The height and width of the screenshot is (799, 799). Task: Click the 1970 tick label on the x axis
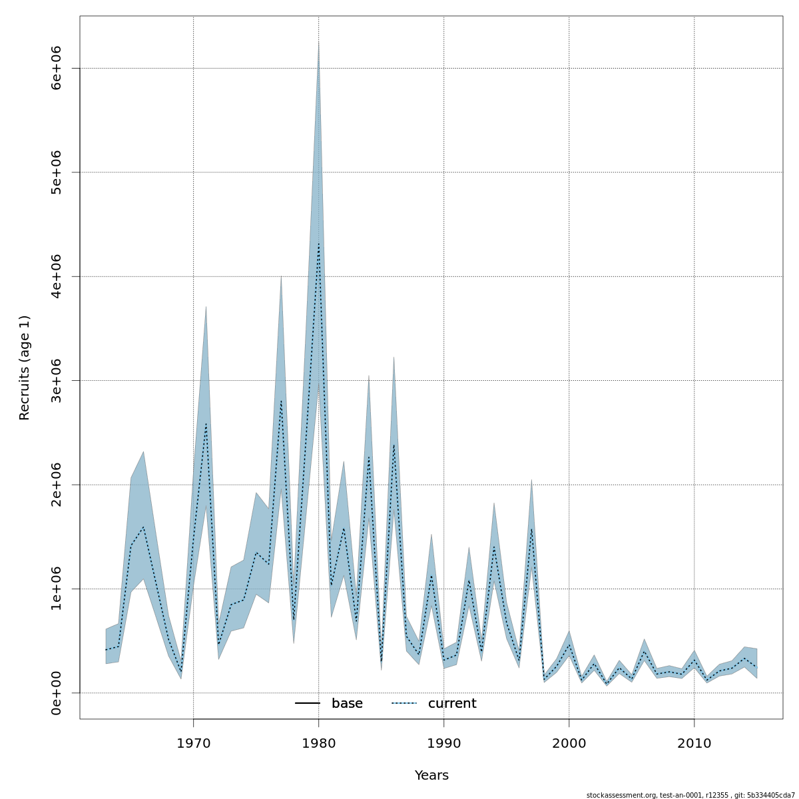(x=193, y=743)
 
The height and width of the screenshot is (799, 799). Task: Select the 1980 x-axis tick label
(x=318, y=743)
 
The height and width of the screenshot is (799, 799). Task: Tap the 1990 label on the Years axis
(x=443, y=743)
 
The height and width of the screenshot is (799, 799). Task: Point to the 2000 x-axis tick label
(x=569, y=743)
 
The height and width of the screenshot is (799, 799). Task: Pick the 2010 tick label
(x=694, y=743)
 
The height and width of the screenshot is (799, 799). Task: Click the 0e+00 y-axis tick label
(x=57, y=693)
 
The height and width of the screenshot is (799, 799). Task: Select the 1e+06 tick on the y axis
(x=57, y=589)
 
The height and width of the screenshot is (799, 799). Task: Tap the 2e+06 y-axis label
(x=57, y=485)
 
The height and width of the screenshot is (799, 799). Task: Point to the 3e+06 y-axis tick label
(x=57, y=380)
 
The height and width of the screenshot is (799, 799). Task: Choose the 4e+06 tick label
(x=57, y=276)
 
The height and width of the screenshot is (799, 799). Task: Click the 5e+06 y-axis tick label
(x=57, y=172)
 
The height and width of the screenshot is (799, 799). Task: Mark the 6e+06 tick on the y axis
(x=57, y=68)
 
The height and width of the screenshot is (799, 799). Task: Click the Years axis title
(x=431, y=776)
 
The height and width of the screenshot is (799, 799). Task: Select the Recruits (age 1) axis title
(x=25, y=368)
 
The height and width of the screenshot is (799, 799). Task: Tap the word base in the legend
(x=347, y=704)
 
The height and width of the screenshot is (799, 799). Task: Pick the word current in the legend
(x=452, y=704)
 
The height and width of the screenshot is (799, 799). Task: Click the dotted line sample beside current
(x=403, y=704)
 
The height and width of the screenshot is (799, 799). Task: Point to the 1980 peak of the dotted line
(x=318, y=244)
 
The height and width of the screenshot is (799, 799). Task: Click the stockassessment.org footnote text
(x=690, y=795)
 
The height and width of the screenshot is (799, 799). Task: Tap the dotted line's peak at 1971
(x=206, y=423)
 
